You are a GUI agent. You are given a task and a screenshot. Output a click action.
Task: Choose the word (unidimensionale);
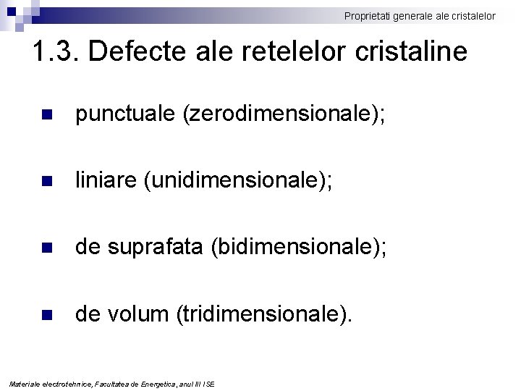point(238,181)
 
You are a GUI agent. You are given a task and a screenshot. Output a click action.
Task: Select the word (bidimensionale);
point(299,248)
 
